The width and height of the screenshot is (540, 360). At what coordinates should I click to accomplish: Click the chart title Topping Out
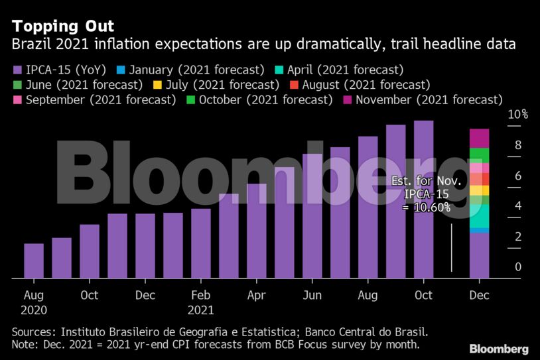click(x=62, y=26)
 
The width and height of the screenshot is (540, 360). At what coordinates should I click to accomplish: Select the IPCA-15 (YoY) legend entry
click(x=59, y=70)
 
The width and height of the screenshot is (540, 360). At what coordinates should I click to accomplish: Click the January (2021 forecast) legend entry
click(x=190, y=70)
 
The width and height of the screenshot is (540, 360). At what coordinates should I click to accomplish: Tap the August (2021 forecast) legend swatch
click(x=294, y=85)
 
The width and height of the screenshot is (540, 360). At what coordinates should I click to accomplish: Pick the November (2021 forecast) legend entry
click(x=423, y=100)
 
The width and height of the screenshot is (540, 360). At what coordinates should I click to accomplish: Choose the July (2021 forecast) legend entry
click(x=216, y=85)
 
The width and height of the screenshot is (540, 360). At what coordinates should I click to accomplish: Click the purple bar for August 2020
click(x=34, y=261)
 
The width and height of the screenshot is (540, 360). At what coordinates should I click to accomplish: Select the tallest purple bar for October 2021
click(x=424, y=200)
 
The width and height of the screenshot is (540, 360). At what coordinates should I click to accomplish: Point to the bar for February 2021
click(x=201, y=243)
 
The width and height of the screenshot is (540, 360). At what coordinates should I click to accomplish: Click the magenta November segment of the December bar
click(x=480, y=139)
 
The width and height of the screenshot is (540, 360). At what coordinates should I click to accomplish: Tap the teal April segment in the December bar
click(x=480, y=216)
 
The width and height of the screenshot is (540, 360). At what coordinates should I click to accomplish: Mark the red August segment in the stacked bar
click(x=480, y=179)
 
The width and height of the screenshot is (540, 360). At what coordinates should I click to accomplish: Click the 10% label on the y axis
click(x=517, y=114)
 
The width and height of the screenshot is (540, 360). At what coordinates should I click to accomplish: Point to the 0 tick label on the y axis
click(x=518, y=267)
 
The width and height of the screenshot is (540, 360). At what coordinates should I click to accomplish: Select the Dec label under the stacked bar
click(x=480, y=295)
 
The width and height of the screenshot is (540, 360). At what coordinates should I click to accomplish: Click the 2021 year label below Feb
click(x=201, y=310)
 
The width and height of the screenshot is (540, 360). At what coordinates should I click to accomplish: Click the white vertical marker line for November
click(x=452, y=248)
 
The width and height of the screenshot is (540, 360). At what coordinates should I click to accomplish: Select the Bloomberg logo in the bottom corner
click(x=499, y=349)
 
